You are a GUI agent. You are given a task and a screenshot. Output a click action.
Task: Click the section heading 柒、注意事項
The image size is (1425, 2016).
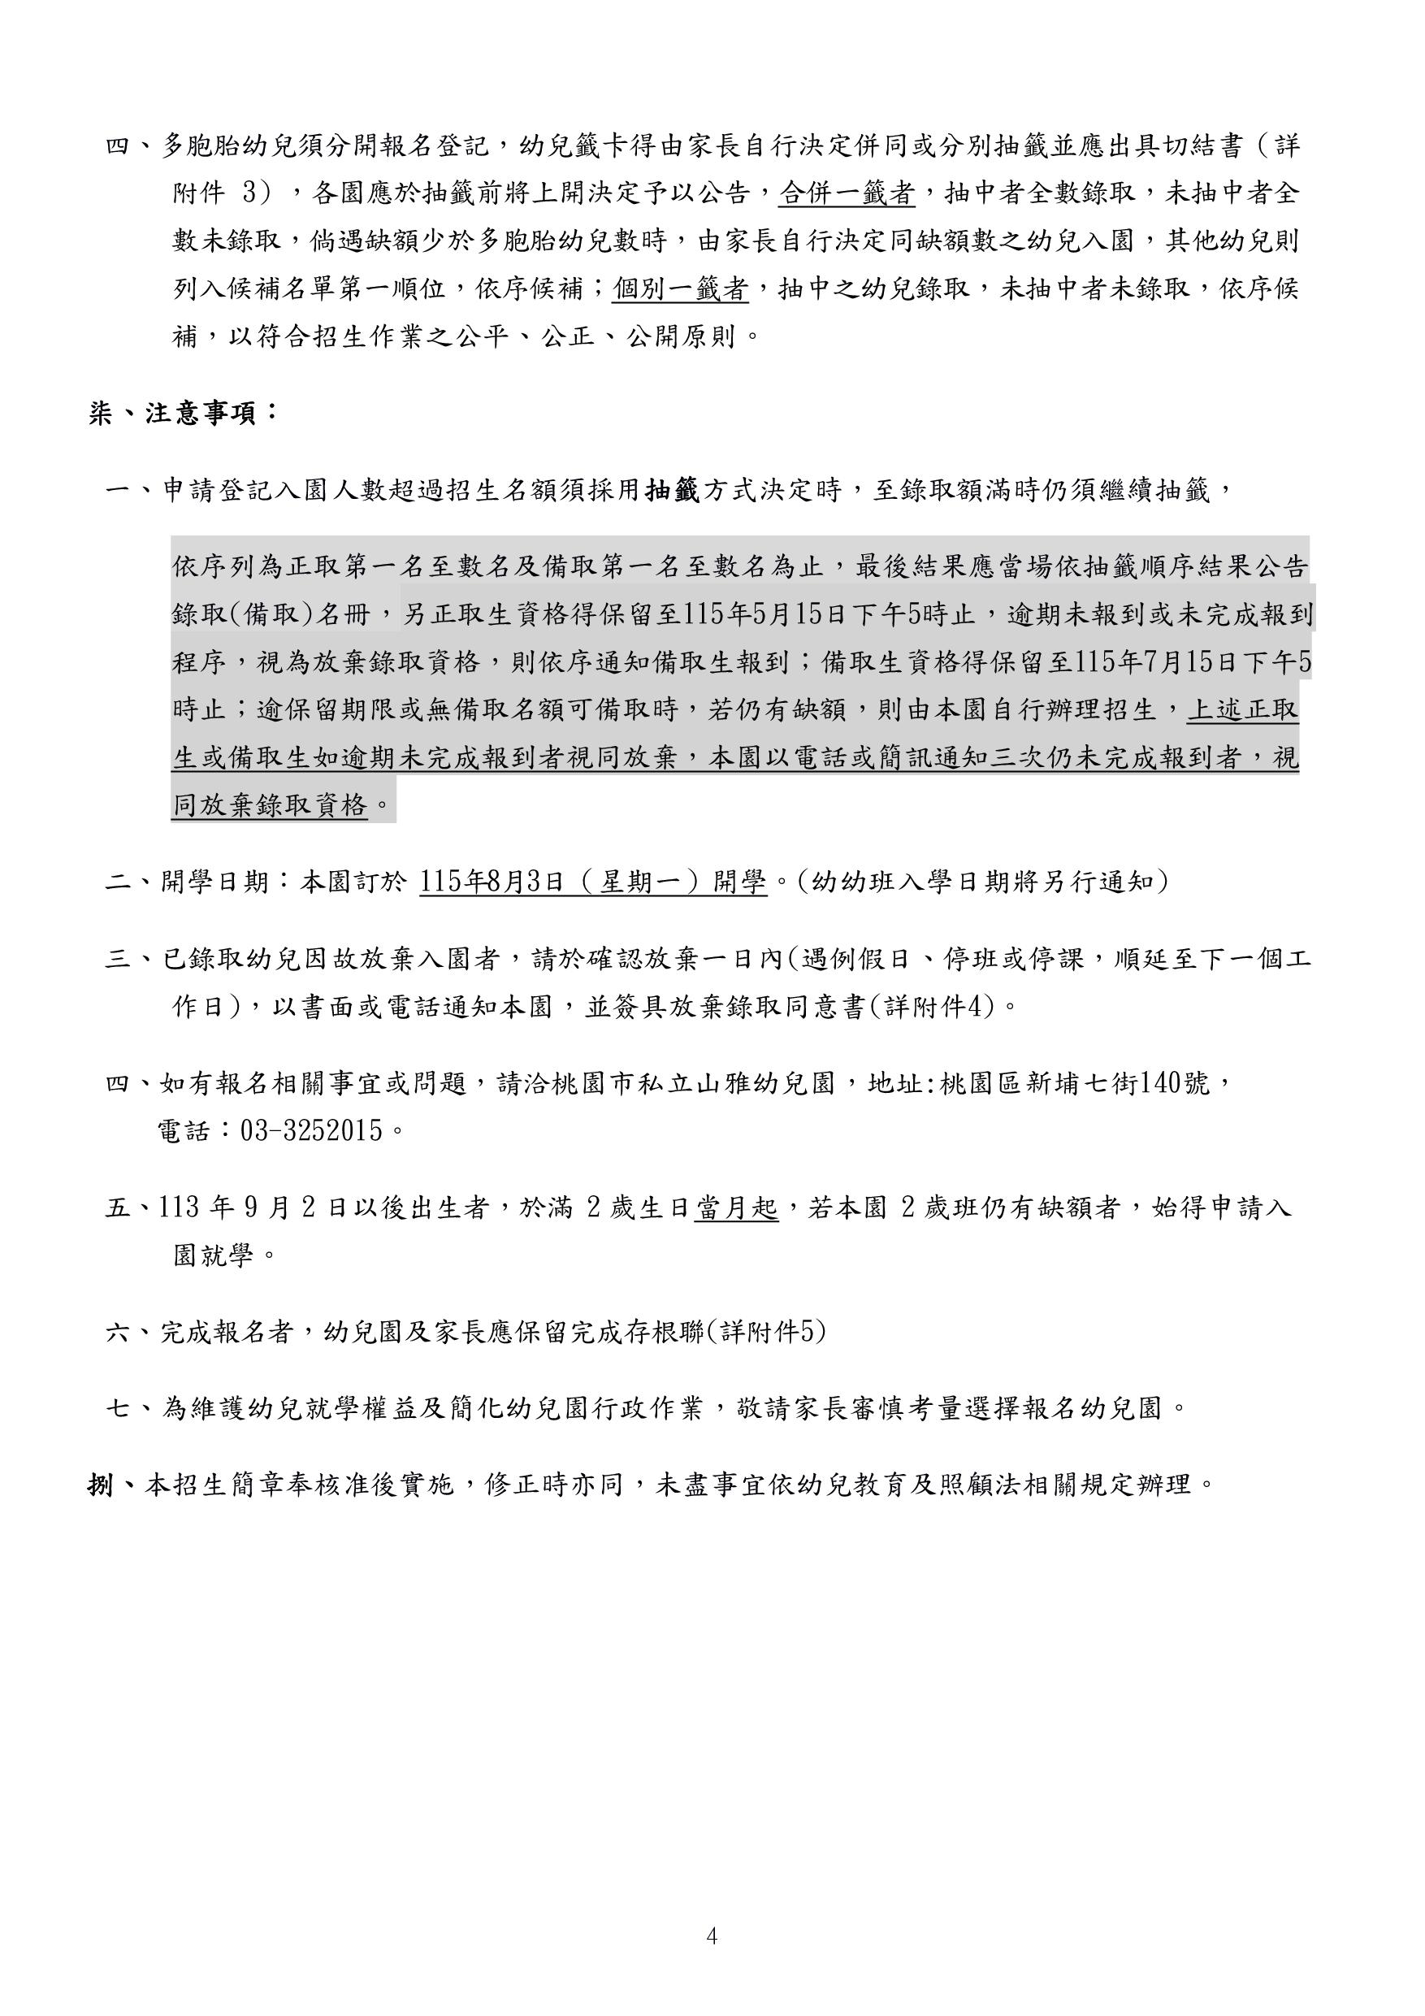(183, 413)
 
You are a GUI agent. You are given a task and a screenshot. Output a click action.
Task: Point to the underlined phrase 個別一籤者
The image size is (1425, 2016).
(681, 288)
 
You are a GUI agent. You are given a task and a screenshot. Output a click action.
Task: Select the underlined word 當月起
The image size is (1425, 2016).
(736, 1208)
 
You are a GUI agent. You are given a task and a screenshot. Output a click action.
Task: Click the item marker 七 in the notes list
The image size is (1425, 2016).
(119, 1408)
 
